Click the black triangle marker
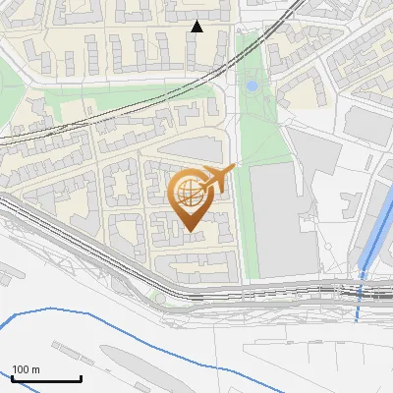point(197,27)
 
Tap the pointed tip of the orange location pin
point(189,230)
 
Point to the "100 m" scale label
point(27,369)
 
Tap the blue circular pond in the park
point(252,86)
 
